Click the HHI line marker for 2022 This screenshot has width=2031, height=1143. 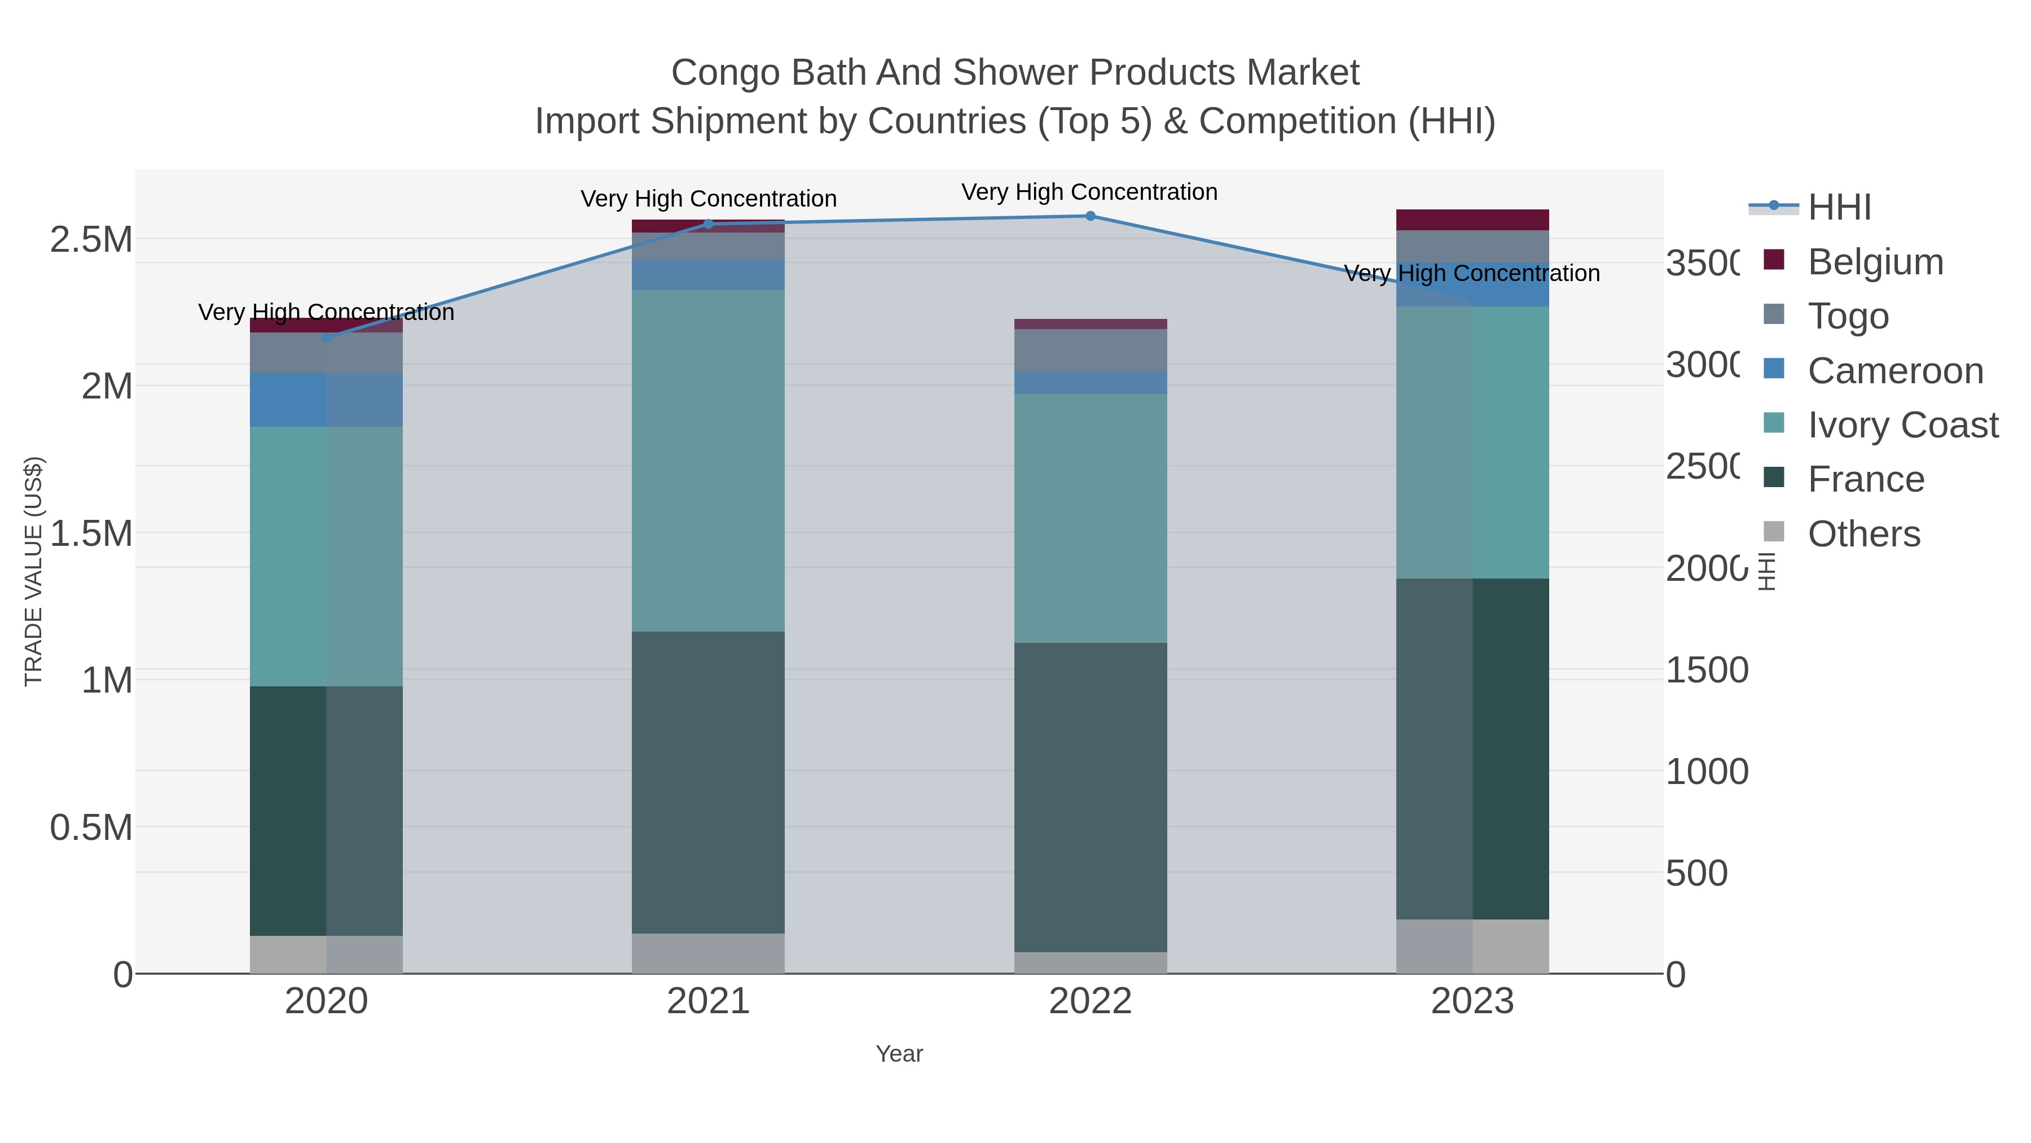tap(1091, 216)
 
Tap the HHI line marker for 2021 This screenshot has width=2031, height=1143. tap(708, 224)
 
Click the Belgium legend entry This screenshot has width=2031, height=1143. tap(1875, 262)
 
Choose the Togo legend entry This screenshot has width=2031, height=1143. tap(1847, 316)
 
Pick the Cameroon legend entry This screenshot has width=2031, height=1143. tap(1894, 371)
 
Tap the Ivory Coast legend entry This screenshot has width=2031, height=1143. tap(1902, 425)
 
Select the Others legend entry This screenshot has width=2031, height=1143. tap(1863, 534)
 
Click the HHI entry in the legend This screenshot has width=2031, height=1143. tap(1839, 208)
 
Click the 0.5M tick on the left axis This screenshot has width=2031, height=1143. tap(91, 828)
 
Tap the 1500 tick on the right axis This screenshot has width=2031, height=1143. tap(1707, 671)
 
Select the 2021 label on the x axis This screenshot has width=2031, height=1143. tap(708, 1002)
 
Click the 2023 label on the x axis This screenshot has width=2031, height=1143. tap(1472, 1002)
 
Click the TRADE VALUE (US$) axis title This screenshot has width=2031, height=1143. tap(33, 571)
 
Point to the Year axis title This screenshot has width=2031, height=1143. tap(899, 1054)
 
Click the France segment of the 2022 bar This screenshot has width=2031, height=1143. tap(1091, 796)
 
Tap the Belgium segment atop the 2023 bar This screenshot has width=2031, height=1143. tap(1472, 220)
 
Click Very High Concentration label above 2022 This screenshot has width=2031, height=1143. tap(1089, 192)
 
